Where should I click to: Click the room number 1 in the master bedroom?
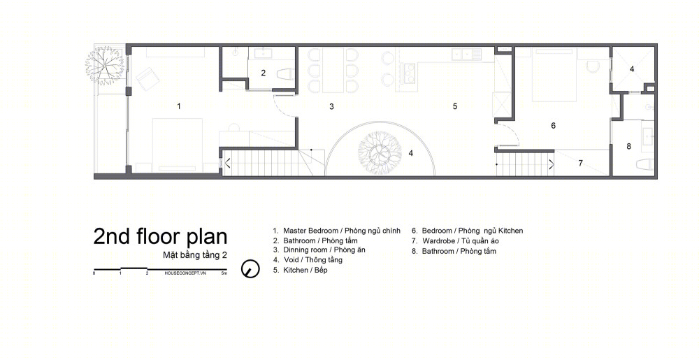(179, 106)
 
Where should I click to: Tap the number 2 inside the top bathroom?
(263, 73)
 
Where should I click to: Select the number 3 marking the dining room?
(331, 106)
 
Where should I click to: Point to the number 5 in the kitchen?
(455, 106)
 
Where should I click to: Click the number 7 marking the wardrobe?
(580, 163)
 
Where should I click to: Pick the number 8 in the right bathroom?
(628, 146)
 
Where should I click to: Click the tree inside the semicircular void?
(380, 153)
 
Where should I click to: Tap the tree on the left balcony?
(106, 66)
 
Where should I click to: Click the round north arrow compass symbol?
(250, 269)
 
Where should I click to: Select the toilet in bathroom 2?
(284, 73)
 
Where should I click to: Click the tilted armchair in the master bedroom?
(147, 78)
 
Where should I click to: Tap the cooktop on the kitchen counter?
(408, 73)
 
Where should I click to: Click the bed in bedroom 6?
(552, 74)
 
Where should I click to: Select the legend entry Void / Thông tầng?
(308, 260)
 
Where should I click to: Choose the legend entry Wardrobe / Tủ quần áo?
(455, 241)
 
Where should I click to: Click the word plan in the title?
(206, 237)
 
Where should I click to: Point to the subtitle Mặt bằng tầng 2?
(195, 256)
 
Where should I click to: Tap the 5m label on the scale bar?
(224, 273)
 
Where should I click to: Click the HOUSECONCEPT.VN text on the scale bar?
(185, 273)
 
